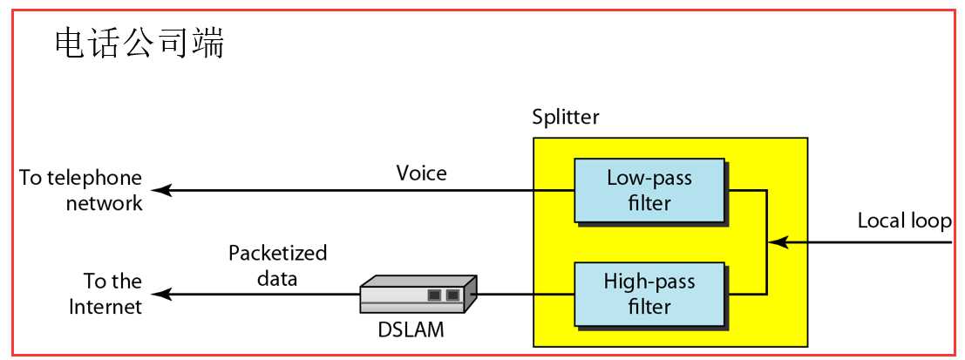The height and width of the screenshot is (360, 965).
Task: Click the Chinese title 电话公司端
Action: click(x=139, y=44)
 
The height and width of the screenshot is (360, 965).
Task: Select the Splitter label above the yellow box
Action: click(x=566, y=117)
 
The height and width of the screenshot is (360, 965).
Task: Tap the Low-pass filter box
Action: click(x=649, y=190)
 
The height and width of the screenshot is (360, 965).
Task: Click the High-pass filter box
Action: click(x=649, y=294)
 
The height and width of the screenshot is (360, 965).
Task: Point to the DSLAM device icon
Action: click(x=418, y=295)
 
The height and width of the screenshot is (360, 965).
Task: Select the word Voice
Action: click(x=421, y=173)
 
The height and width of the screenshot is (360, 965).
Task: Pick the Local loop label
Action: click(x=904, y=221)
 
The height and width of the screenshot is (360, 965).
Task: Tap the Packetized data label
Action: click(x=277, y=266)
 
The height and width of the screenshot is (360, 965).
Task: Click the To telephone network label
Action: click(x=81, y=190)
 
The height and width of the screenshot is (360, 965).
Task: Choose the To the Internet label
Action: click(x=105, y=294)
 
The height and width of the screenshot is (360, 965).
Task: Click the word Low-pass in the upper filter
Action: click(x=649, y=179)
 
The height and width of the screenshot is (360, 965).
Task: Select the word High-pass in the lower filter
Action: click(x=649, y=282)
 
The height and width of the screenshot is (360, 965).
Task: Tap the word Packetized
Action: click(x=277, y=254)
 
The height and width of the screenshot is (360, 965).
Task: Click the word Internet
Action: click(x=105, y=306)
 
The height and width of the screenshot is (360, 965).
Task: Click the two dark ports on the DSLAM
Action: click(x=443, y=295)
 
